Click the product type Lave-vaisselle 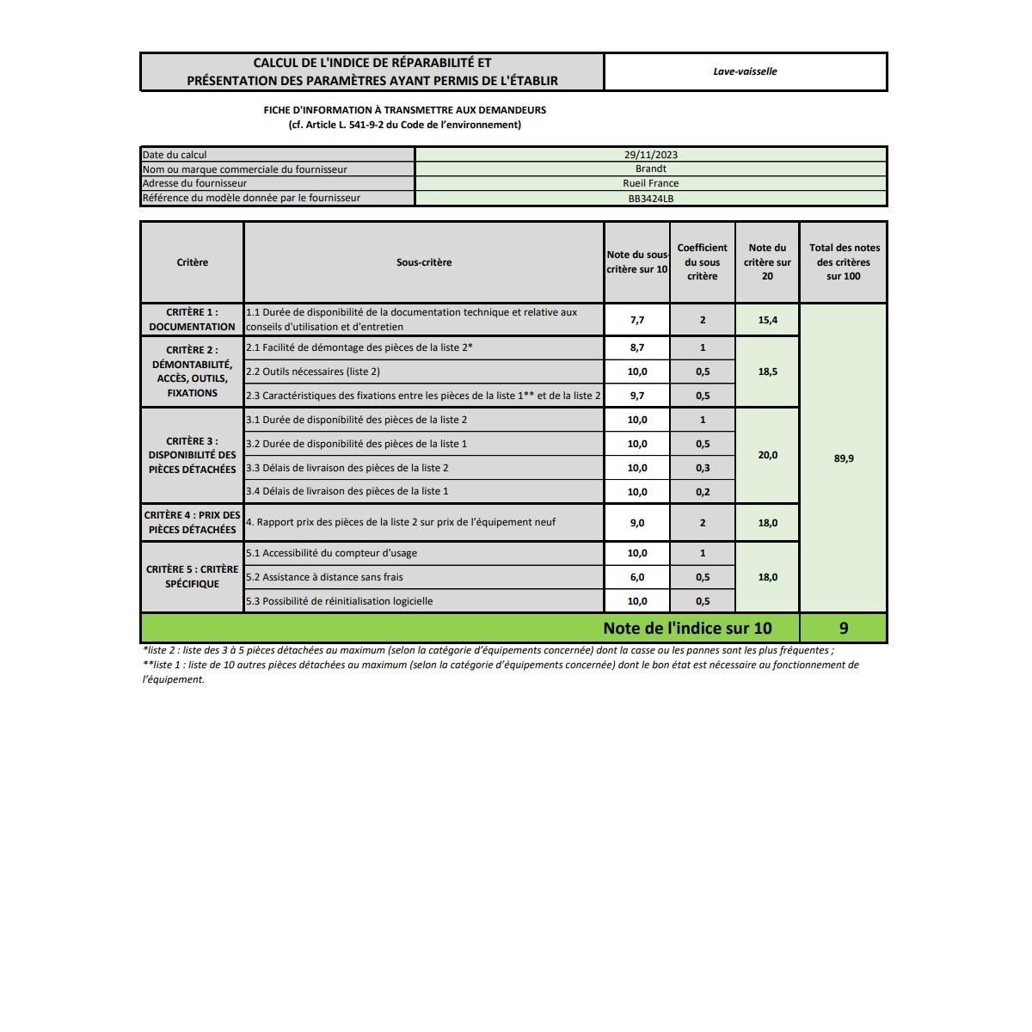click(x=745, y=71)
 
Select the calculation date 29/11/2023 click(x=651, y=155)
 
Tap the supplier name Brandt click(x=651, y=169)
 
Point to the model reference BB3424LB click(x=651, y=199)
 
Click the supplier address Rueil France click(x=651, y=183)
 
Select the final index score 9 click(x=843, y=628)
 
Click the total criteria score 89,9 click(x=844, y=458)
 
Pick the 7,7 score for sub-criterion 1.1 click(x=637, y=320)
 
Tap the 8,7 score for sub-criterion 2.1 click(x=637, y=348)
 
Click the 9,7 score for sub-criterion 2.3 click(x=637, y=396)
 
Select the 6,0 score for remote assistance click(x=637, y=577)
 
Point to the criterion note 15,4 click(x=767, y=320)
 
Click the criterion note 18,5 click(x=767, y=372)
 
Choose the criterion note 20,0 click(x=767, y=455)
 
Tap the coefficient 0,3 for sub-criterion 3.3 click(x=703, y=468)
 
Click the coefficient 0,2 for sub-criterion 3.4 click(x=703, y=492)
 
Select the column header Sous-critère click(x=424, y=262)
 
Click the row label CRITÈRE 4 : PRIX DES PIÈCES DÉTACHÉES click(x=192, y=522)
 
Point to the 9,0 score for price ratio click(x=637, y=523)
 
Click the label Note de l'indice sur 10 click(x=687, y=628)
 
